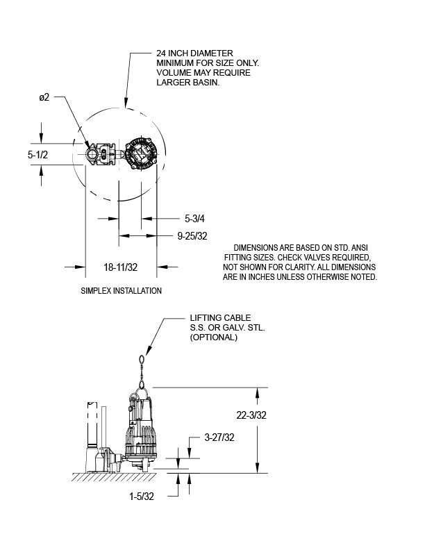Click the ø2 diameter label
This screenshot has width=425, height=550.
pos(44,98)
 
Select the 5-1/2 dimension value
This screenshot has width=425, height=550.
pos(38,156)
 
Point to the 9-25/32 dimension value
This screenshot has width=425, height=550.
pos(192,236)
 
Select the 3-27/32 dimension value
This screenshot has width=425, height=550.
pos(220,438)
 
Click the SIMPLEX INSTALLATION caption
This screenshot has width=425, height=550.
pos(122,290)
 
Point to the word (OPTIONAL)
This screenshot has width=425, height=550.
pos(213,337)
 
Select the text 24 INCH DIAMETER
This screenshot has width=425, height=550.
pos(194,53)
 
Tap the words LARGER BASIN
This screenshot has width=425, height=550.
pos(188,83)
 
